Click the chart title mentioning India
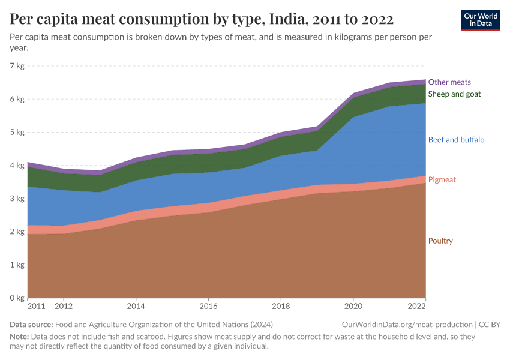[x=202, y=19]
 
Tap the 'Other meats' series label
[x=449, y=82]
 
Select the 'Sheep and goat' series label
[x=454, y=94]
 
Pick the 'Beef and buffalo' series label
[x=456, y=140]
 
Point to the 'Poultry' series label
[x=440, y=241]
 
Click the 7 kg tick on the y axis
[x=17, y=66]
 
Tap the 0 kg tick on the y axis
[x=17, y=298]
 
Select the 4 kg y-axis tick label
[x=17, y=166]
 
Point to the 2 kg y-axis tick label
[x=17, y=232]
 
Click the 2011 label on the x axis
[x=36, y=306]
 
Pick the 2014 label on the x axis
[x=136, y=306]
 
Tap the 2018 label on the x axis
[x=281, y=306]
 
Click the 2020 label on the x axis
[x=353, y=306]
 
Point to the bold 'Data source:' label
[x=31, y=325]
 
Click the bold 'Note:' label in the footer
[x=20, y=337]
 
